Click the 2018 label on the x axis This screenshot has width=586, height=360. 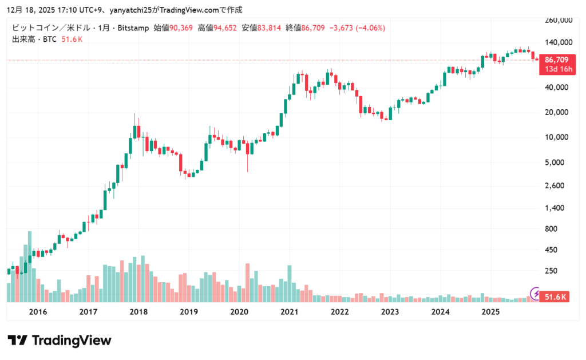pos(138,312)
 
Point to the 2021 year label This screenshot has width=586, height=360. pos(290,312)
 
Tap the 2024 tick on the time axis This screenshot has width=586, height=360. pos(440,312)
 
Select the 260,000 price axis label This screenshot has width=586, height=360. pos(559,20)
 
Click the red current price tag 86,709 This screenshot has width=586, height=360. pos(556,60)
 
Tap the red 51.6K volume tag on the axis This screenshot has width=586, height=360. pos(556,297)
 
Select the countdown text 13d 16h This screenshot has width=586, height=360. pos(556,69)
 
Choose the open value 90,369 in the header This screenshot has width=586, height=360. pos(180,28)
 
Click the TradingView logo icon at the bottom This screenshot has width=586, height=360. pos(18,341)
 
